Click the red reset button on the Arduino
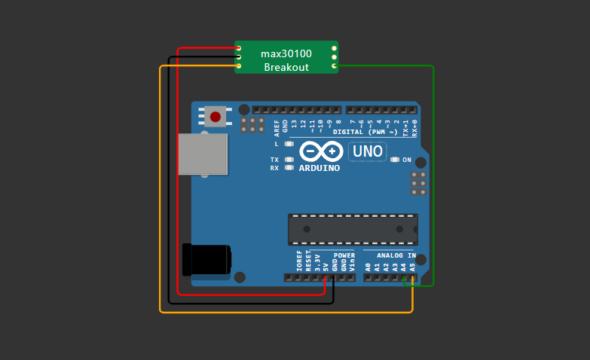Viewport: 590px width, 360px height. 216,117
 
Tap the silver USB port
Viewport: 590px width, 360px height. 203,154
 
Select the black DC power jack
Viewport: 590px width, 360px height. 206,260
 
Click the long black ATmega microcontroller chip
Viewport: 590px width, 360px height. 353,229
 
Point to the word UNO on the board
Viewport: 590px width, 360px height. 368,151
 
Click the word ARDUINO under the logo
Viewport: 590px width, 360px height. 319,168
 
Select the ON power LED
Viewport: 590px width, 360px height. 394,160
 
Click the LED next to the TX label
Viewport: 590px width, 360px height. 289,160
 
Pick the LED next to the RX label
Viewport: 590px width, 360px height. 289,168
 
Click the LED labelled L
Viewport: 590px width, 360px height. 289,143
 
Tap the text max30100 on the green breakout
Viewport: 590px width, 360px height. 286,53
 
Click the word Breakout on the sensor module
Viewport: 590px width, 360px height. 286,67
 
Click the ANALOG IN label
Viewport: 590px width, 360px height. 397,255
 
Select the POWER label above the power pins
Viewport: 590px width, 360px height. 344,255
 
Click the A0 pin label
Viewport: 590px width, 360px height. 368,266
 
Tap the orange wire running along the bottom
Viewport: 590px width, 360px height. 286,312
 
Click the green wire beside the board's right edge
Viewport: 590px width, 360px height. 433,173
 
